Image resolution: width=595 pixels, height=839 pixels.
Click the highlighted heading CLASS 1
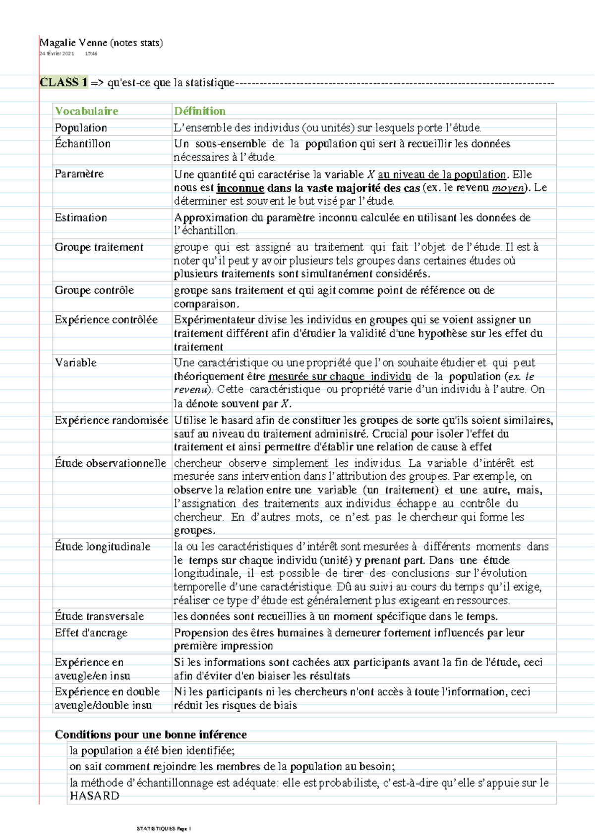(x=63, y=82)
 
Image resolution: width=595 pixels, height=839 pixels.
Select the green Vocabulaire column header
(x=86, y=111)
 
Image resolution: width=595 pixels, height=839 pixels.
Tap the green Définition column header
(x=199, y=111)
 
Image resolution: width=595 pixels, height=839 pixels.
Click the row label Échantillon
(x=82, y=144)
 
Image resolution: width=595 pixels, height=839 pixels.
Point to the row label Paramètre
(x=79, y=174)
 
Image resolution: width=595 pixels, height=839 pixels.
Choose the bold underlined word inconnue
(x=240, y=188)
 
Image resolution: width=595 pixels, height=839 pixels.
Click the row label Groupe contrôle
(x=94, y=290)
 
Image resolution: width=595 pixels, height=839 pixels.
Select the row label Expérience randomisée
(x=111, y=420)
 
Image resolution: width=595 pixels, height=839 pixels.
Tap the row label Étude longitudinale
(x=102, y=547)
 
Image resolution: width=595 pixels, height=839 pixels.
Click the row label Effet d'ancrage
(x=91, y=633)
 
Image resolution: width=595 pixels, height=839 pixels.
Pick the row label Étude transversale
(x=99, y=616)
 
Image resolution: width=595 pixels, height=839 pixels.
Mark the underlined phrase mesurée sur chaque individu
(x=340, y=377)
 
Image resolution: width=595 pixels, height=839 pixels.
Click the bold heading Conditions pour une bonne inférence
(x=151, y=734)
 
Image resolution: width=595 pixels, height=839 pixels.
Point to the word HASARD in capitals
(x=94, y=796)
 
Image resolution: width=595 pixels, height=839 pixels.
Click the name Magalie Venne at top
(x=73, y=43)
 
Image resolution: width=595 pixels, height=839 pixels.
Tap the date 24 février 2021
(x=57, y=54)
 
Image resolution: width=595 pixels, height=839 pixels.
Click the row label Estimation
(x=81, y=218)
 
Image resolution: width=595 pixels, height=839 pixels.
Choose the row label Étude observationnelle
(x=110, y=463)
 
